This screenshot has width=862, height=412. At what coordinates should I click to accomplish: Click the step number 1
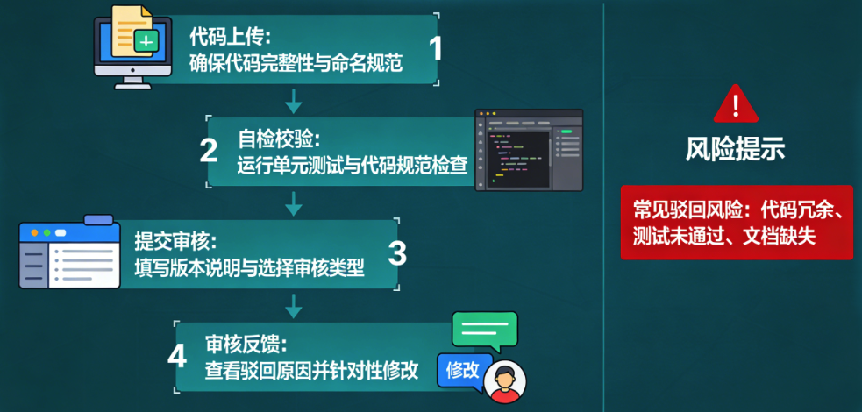tap(435, 48)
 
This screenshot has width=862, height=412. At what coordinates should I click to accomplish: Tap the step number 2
tap(209, 149)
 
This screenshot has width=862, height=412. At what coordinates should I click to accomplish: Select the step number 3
tap(397, 252)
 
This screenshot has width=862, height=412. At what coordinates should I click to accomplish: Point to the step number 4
tap(177, 358)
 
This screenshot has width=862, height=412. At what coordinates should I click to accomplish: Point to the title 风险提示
tap(736, 149)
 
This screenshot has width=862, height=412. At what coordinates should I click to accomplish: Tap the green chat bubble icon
tap(484, 331)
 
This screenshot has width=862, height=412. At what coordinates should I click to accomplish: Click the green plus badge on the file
tap(146, 40)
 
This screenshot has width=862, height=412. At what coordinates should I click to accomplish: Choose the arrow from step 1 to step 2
tap(295, 99)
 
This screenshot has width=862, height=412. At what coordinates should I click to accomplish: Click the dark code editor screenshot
tap(529, 150)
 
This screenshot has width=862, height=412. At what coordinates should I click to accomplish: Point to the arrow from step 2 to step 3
tap(295, 203)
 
